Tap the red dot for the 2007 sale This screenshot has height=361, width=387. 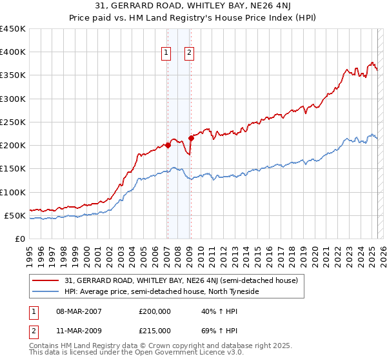(168, 145)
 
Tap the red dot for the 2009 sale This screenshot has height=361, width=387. (191, 138)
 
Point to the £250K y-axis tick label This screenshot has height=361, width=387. (13, 122)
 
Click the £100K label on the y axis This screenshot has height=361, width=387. (13, 192)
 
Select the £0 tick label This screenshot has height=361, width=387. (20, 239)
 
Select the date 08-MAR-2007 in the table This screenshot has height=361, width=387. (79, 311)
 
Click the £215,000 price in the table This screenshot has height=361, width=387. (155, 331)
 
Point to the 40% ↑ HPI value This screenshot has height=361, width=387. (211, 311)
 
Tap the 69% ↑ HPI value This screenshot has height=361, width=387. (211, 331)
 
